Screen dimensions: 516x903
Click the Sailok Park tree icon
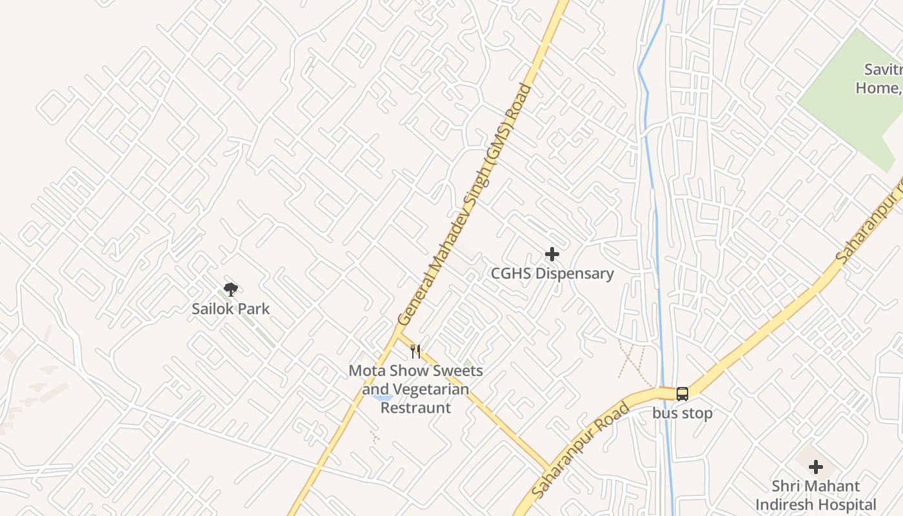click(230, 290)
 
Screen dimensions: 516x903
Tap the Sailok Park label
click(230, 308)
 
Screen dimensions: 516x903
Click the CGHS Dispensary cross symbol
click(552, 254)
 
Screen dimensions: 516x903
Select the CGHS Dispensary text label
click(552, 273)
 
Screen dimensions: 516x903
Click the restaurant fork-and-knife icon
click(415, 352)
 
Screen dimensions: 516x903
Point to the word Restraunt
click(415, 408)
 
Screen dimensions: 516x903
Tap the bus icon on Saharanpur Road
click(682, 393)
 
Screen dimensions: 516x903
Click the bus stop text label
click(682, 413)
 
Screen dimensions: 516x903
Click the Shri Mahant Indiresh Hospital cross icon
click(816, 467)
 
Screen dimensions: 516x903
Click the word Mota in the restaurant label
click(365, 371)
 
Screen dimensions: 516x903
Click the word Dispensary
click(574, 273)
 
